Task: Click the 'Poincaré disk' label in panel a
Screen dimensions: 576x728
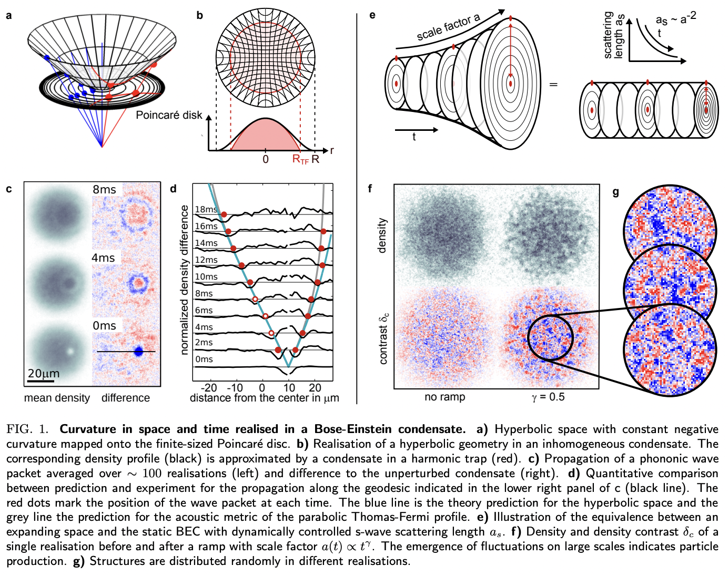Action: (x=169, y=115)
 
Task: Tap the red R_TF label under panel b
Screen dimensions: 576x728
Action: (x=300, y=159)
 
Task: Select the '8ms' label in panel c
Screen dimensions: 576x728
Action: (x=104, y=190)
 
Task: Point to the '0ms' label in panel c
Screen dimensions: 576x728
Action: (x=104, y=326)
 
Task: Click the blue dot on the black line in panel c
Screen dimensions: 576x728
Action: (x=138, y=351)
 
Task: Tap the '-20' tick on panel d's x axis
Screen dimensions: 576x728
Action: (x=209, y=388)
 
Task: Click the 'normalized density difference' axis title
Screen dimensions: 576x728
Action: (x=184, y=280)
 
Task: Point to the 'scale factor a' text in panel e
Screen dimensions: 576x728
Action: (x=448, y=28)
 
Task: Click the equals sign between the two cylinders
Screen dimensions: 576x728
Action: (x=553, y=84)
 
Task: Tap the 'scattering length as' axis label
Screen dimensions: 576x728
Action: (x=613, y=35)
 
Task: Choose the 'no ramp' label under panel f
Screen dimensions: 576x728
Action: (x=444, y=397)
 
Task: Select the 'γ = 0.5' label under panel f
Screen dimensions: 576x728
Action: (x=548, y=397)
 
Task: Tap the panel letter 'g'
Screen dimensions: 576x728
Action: (x=616, y=192)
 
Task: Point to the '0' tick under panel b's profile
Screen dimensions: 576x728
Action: (x=266, y=159)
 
